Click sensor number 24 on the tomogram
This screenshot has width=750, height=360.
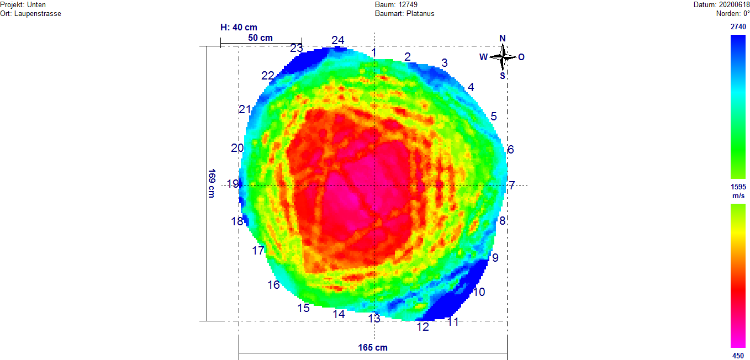[x=338, y=40]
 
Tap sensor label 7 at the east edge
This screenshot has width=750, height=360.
[x=512, y=186]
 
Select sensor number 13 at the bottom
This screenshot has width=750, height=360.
[x=374, y=319]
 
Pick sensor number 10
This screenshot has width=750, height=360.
[x=479, y=292]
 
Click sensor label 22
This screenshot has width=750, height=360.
[x=268, y=76]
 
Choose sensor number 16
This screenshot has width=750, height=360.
[x=274, y=285]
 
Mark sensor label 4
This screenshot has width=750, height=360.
[x=471, y=87]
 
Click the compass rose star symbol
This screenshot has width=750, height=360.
[x=503, y=56]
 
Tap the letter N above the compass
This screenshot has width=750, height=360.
[x=503, y=38]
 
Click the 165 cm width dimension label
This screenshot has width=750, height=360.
[x=373, y=347]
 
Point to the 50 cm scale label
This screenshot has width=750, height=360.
[x=260, y=38]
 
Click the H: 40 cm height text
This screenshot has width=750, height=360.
[x=239, y=27]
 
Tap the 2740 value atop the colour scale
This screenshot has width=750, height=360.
[x=738, y=27]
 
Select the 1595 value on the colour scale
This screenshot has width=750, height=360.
[x=738, y=187]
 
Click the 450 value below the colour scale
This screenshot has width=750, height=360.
[x=738, y=356]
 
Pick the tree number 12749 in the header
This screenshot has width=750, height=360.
[x=408, y=4]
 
